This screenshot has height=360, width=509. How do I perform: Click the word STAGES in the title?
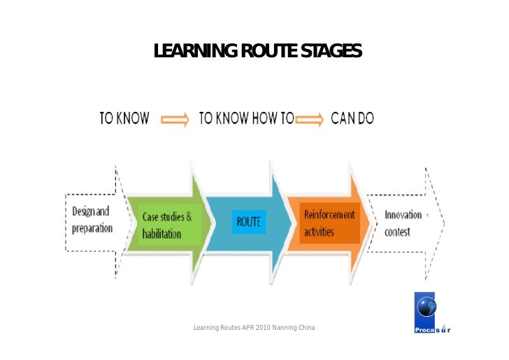coord(331,51)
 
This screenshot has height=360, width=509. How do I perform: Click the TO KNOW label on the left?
coord(124,118)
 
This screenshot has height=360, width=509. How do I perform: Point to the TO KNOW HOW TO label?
coord(247,118)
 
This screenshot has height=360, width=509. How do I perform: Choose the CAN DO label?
coord(352,118)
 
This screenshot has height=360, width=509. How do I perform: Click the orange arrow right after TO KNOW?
coord(175,119)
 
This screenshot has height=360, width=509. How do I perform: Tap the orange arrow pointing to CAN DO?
coord(310,119)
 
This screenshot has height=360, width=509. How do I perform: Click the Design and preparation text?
coord(92,220)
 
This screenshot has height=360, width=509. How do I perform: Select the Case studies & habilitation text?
coord(167,224)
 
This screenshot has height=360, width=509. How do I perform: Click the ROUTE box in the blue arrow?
coord(249,222)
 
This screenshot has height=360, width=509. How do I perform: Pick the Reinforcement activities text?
coord(329,222)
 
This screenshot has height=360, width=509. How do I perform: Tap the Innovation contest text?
coord(403,222)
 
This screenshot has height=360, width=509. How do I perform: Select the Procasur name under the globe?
coord(432,330)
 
